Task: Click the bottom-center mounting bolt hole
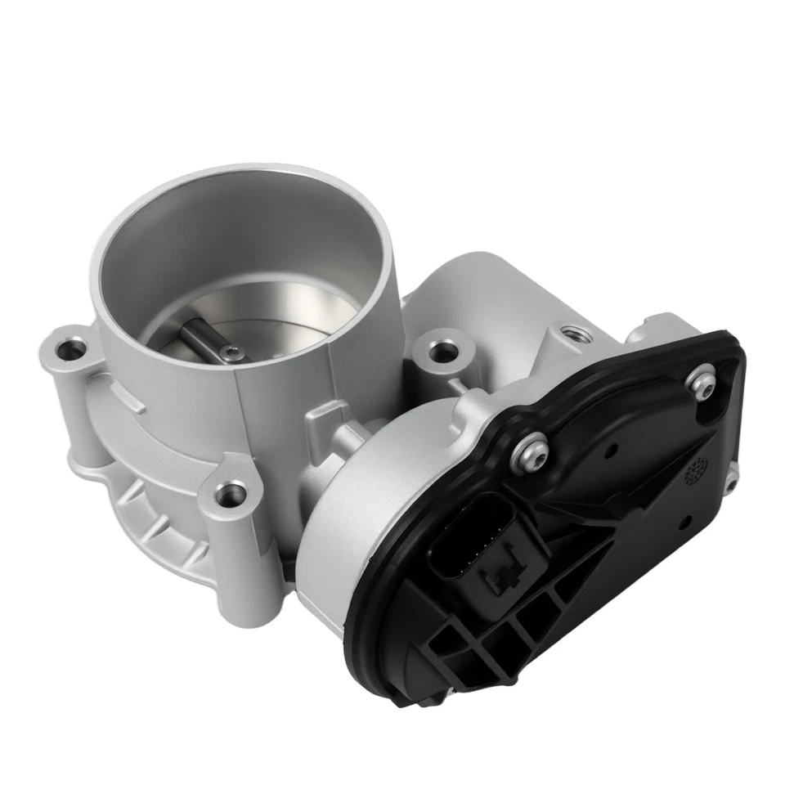tap(232, 493)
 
